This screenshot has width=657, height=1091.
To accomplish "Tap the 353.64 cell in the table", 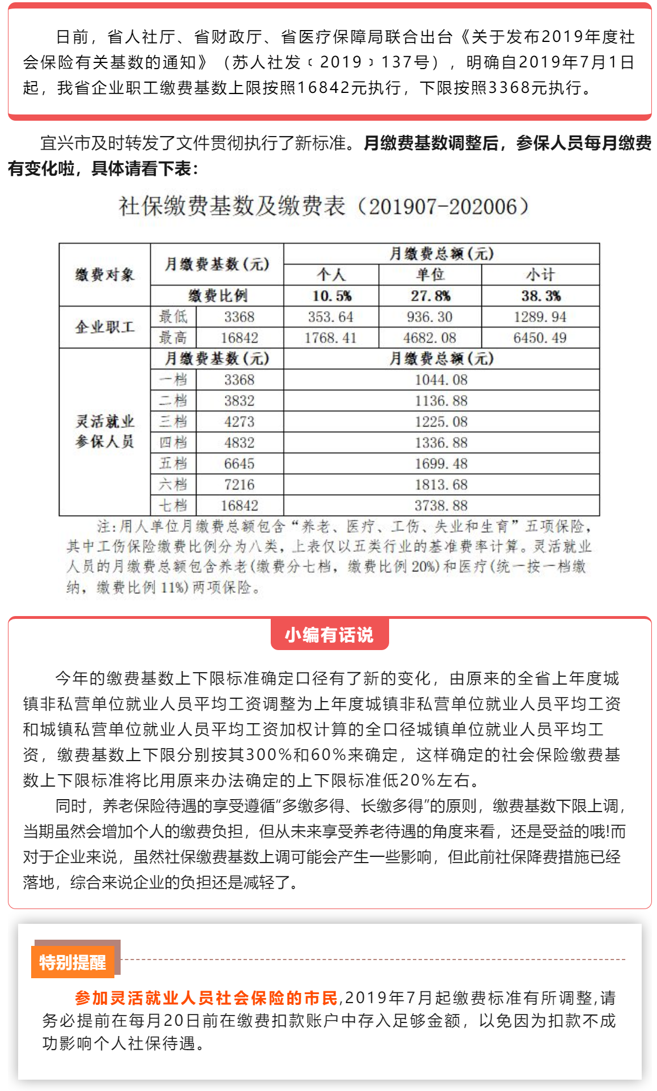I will tap(330, 317).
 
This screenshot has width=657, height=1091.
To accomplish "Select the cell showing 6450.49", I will tap(540, 338).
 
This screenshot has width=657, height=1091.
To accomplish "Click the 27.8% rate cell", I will tap(430, 296).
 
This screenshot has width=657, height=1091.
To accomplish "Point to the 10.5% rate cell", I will tap(331, 296).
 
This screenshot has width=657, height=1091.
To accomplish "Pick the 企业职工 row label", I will tap(105, 327).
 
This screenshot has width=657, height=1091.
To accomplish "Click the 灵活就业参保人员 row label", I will tap(105, 431).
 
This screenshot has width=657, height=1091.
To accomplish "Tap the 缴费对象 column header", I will tap(105, 275).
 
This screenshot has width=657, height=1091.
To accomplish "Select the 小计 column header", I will tap(540, 275).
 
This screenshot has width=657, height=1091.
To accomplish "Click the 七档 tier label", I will tap(173, 506).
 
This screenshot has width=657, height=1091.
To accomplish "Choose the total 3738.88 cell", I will tap(441, 506).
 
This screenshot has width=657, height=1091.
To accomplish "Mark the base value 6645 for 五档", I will tap(239, 464).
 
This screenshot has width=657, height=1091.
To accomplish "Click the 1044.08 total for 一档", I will tap(441, 380).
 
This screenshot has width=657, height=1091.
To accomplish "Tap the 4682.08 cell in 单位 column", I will tap(429, 338).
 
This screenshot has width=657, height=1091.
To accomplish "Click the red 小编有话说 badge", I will tap(329, 635).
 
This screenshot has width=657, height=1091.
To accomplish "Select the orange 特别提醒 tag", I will tap(72, 962).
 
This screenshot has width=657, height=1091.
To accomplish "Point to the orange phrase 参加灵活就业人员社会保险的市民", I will tap(206, 997).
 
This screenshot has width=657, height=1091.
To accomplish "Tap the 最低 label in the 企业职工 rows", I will tap(173, 317).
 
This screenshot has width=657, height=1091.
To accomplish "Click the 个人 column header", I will tap(331, 275).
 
